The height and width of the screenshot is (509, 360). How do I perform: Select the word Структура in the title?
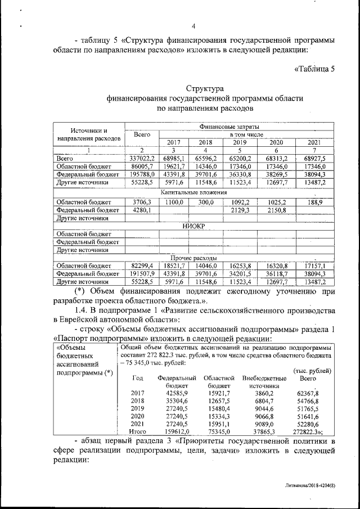click(x=205, y=89)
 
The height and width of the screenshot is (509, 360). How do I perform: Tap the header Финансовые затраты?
click(x=229, y=128)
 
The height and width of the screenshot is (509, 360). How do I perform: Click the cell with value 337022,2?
click(x=142, y=159)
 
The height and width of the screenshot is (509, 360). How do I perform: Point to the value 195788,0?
click(x=142, y=175)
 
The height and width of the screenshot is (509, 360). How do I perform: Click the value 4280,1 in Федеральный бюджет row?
click(x=142, y=210)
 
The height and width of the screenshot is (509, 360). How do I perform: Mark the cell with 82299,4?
click(x=142, y=265)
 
